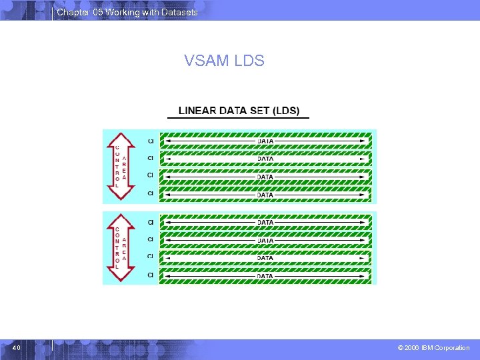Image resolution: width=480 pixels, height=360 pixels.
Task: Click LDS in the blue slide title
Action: point(249,61)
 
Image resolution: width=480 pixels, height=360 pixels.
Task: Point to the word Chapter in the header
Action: point(71,13)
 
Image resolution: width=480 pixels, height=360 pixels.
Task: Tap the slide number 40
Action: point(16,348)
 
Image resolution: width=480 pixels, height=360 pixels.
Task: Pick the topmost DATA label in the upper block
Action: point(265,141)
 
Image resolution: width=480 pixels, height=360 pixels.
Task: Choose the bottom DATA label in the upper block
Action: point(265,195)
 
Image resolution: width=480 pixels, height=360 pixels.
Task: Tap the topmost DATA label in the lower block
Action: point(265,222)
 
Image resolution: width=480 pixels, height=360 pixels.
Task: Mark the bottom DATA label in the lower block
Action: point(265,275)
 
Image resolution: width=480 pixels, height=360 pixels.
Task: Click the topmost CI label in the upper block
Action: point(151,141)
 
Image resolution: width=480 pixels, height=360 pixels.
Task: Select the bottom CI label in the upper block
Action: point(151,193)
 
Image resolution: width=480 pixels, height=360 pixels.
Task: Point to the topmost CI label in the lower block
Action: point(151,222)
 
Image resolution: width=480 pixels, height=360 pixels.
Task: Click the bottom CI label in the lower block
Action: point(151,274)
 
